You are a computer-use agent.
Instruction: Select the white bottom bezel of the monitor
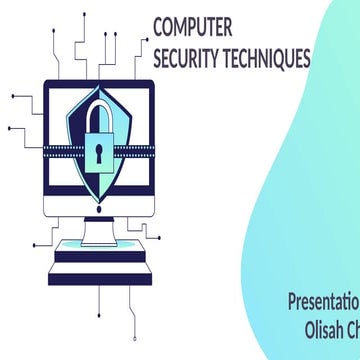click(100, 205)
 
